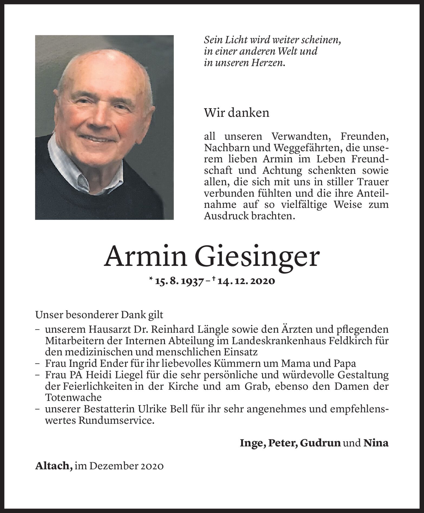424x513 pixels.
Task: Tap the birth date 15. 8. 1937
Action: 179,281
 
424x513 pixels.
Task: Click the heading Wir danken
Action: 236,113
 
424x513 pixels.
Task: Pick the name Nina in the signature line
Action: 376,443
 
